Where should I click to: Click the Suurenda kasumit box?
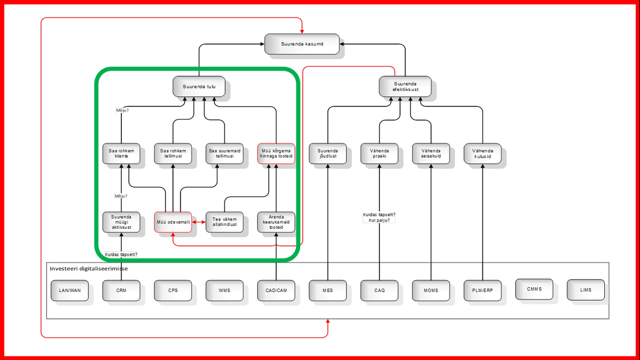point(302,44)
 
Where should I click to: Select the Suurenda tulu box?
point(199,86)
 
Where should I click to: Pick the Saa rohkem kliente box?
point(121,153)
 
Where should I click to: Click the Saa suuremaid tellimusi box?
point(224,153)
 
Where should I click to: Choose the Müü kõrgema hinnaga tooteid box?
point(276,153)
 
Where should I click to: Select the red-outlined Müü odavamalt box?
point(173,222)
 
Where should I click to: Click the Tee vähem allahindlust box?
point(224,222)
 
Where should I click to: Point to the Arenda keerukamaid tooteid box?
point(276,222)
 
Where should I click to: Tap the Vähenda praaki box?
point(379,153)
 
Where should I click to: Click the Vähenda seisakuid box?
point(430,153)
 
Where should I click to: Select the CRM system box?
point(121,290)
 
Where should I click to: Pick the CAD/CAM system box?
point(276,290)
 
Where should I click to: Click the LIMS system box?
point(585,290)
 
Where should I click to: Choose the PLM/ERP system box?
point(482,290)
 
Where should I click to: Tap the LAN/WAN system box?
point(70,290)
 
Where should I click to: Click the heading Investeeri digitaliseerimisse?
point(88,269)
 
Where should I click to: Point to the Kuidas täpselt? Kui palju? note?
point(379,217)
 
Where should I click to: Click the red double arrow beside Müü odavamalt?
point(199,222)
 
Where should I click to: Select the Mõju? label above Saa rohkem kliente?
point(122,110)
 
